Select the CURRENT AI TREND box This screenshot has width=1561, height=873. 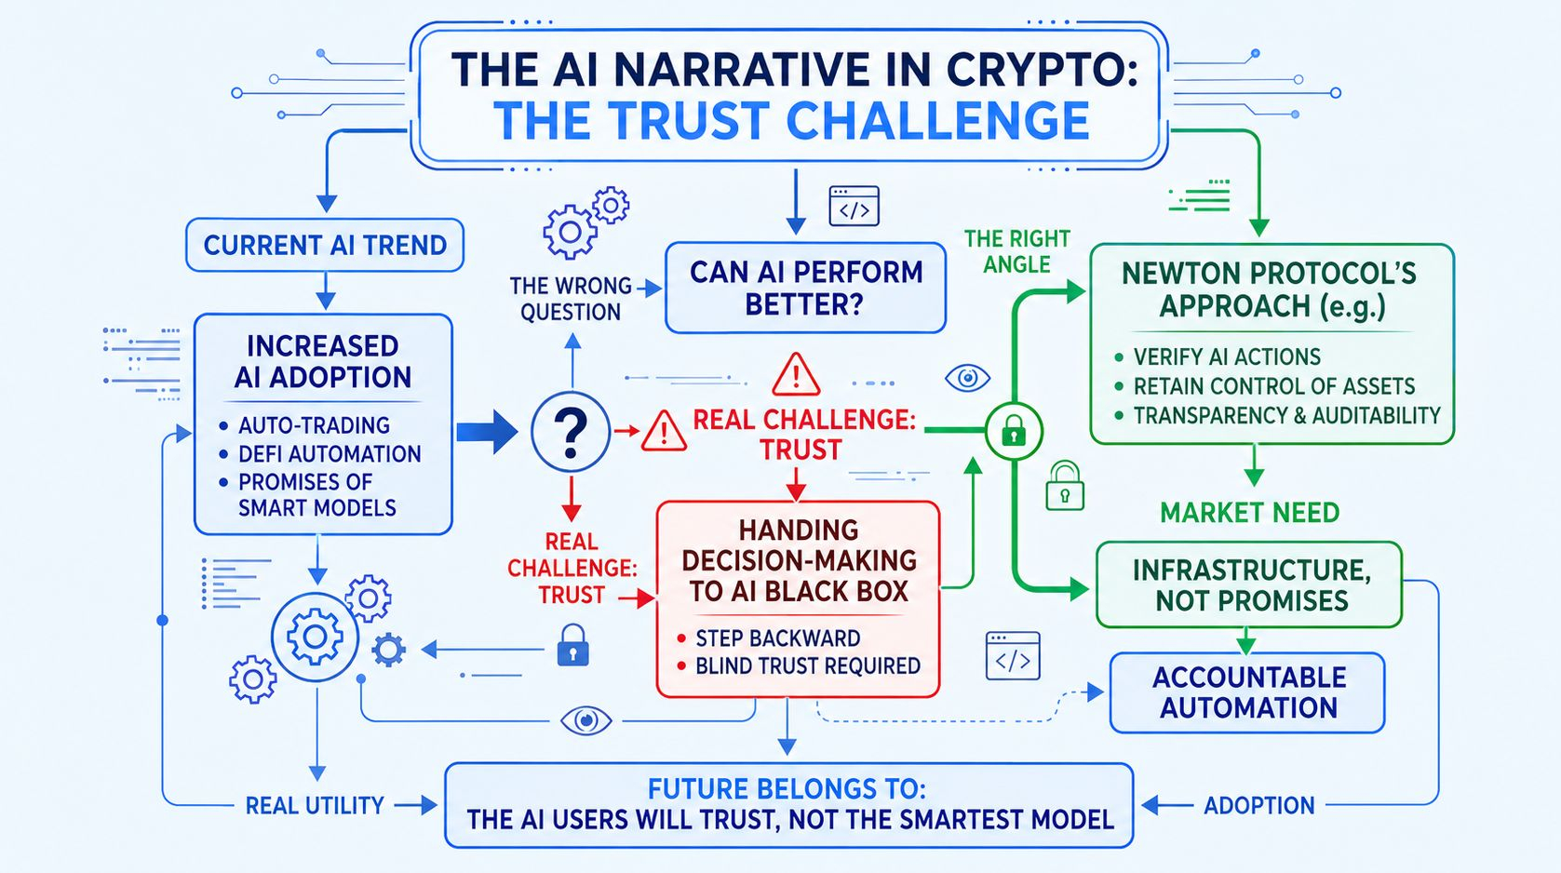click(x=325, y=246)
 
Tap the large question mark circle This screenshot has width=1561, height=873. click(x=571, y=432)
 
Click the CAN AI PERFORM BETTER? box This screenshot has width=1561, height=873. click(x=805, y=288)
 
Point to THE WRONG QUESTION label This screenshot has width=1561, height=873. click(x=571, y=299)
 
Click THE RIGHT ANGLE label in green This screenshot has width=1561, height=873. click(x=1016, y=251)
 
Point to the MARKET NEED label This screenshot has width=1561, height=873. click(x=1249, y=513)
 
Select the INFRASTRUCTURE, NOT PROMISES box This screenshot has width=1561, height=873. click(x=1249, y=585)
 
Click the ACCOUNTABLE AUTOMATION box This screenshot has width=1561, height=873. click(x=1247, y=692)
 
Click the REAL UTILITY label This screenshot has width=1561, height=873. click(x=315, y=806)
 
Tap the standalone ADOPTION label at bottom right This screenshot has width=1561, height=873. click(x=1259, y=805)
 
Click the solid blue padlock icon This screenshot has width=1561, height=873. click(x=572, y=646)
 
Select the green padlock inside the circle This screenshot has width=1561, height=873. click(x=1014, y=430)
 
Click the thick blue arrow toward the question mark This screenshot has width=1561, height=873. click(x=487, y=432)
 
